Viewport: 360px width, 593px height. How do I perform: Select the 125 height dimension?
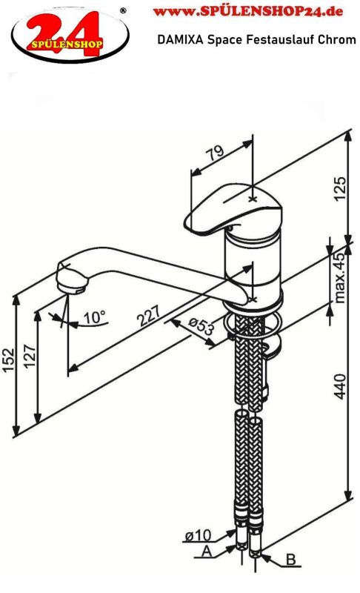(x=340, y=189)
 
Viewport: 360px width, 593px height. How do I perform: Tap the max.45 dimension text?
(x=339, y=277)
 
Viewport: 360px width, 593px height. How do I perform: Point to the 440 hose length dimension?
(x=340, y=386)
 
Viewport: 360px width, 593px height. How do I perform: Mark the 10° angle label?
(x=94, y=317)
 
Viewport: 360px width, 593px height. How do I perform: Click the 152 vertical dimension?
(x=9, y=360)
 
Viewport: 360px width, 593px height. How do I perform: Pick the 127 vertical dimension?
(x=30, y=356)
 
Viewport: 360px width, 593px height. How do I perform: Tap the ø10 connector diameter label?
(x=198, y=535)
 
